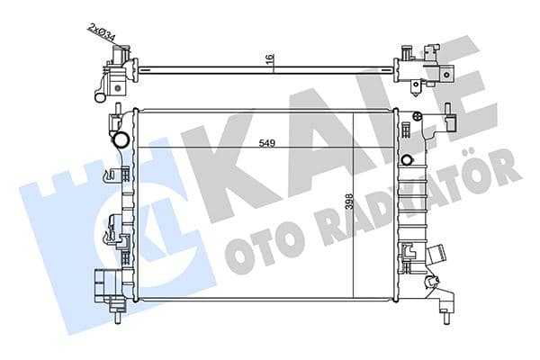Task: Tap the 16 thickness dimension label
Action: point(270,59)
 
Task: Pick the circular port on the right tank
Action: point(407,161)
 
